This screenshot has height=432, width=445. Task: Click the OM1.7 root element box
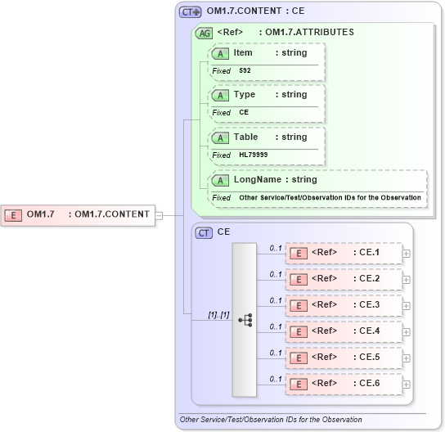coord(79,214)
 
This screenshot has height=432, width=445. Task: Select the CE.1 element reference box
coord(343,253)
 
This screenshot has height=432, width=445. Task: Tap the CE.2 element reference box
coord(343,279)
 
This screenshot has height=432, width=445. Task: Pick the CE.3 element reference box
coord(343,305)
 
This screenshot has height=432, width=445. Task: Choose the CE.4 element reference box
coord(343,331)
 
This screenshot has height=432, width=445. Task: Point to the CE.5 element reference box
coord(343,358)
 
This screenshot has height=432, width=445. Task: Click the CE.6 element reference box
coord(343,384)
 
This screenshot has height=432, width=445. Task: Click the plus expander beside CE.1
coord(407,254)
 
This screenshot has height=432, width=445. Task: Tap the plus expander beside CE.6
coord(407,385)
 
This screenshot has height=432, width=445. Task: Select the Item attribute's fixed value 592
coord(245,71)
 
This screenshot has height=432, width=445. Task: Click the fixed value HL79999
coord(253,155)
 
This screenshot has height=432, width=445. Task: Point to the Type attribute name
coord(245,95)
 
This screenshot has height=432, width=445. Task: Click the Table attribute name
coord(245,137)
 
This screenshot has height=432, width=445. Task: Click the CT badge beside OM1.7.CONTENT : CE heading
coord(190,12)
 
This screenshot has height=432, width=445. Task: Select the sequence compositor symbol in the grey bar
coord(245,320)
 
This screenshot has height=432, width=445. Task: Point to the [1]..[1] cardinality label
coord(218,315)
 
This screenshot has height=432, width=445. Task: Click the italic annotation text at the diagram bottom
coord(271,420)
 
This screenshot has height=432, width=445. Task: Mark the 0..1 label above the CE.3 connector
coord(276,299)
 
